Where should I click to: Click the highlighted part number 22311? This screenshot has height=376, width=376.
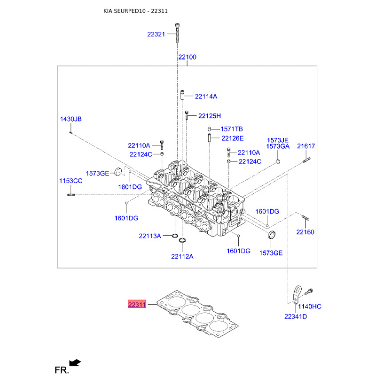tap(137, 305)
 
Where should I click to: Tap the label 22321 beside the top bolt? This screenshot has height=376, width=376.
tap(156, 34)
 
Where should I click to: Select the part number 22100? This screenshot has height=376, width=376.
tap(187, 57)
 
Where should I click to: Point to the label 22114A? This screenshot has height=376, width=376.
tap(206, 96)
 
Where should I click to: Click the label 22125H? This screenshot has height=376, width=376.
tap(209, 116)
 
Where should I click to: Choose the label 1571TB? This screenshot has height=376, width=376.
tap(232, 129)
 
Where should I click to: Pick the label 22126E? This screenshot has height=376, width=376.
tap(233, 138)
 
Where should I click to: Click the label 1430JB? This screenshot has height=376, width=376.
tap(70, 119)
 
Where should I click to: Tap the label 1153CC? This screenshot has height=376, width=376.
tap(70, 181)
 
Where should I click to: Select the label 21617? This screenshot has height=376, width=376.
tap(305, 146)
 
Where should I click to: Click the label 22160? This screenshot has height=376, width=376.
tap(305, 232)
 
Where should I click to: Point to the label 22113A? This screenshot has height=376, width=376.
tap(150, 235)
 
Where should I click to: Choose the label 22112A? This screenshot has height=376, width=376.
tap(182, 256)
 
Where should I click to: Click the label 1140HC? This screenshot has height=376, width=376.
tap(310, 306)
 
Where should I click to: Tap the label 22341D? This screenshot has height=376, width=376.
tap(295, 316)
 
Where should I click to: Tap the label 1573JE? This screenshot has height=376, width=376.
tap(278, 140)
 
